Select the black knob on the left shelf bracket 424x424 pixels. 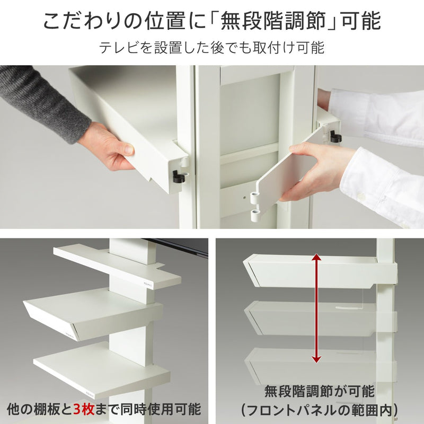pyautogui.click(x=179, y=176)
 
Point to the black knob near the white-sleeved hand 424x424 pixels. pyautogui.click(x=335, y=137)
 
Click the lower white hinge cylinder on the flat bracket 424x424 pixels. pyautogui.click(x=255, y=215)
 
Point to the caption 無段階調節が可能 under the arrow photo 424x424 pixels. pyautogui.click(x=320, y=392)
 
